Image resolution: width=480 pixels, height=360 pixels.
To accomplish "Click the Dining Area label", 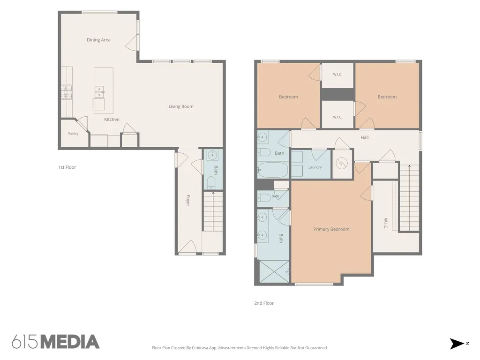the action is tap(98, 40).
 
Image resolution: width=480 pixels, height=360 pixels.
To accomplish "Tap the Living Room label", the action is tap(181, 106).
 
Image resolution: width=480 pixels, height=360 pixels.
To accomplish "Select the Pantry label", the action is tap(73, 134).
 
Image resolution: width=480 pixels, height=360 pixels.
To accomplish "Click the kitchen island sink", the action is tap(99, 92).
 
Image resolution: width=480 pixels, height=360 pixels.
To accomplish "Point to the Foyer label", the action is tap(188, 201).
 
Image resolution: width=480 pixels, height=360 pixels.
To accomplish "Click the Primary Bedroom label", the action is tap(331, 229).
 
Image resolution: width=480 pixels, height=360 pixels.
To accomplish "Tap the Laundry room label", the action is tap(315, 167).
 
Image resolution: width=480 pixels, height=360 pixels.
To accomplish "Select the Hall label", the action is tap(365, 137).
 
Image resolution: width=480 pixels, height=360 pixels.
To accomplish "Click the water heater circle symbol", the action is tap(342, 164).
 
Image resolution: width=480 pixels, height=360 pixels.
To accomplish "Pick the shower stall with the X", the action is tap(274, 271).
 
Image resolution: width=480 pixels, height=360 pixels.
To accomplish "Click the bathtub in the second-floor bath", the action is tap(273, 170).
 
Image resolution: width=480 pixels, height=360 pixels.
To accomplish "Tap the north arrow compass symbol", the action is tap(457, 344).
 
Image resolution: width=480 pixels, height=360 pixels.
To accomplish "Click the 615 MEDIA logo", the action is tap(56, 342).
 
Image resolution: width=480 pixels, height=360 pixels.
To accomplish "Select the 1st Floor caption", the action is tap(67, 167).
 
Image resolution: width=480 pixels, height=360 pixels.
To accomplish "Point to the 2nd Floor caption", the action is tap(264, 303).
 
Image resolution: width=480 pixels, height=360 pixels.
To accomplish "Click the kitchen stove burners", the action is tap(67, 92).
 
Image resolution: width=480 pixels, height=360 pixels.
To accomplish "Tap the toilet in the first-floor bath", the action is tap(211, 183).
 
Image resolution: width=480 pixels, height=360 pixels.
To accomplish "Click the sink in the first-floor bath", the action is tap(211, 155).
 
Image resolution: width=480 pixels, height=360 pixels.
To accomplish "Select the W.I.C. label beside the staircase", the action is tap(386, 224).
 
